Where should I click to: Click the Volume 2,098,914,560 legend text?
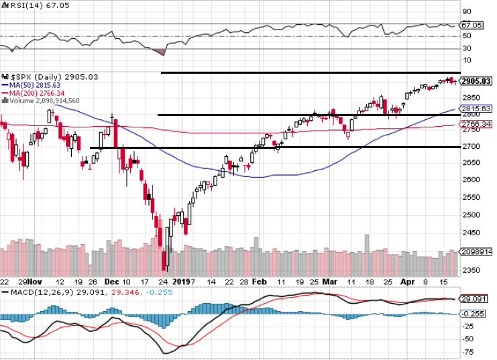click(x=42, y=101)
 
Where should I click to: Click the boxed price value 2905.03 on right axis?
click(x=477, y=81)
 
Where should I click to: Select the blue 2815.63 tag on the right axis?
click(x=476, y=109)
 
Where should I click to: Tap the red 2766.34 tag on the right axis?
click(x=476, y=124)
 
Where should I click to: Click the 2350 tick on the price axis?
click(x=471, y=271)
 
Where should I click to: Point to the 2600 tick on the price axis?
click(x=471, y=180)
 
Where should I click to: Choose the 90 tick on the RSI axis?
click(x=465, y=11)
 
